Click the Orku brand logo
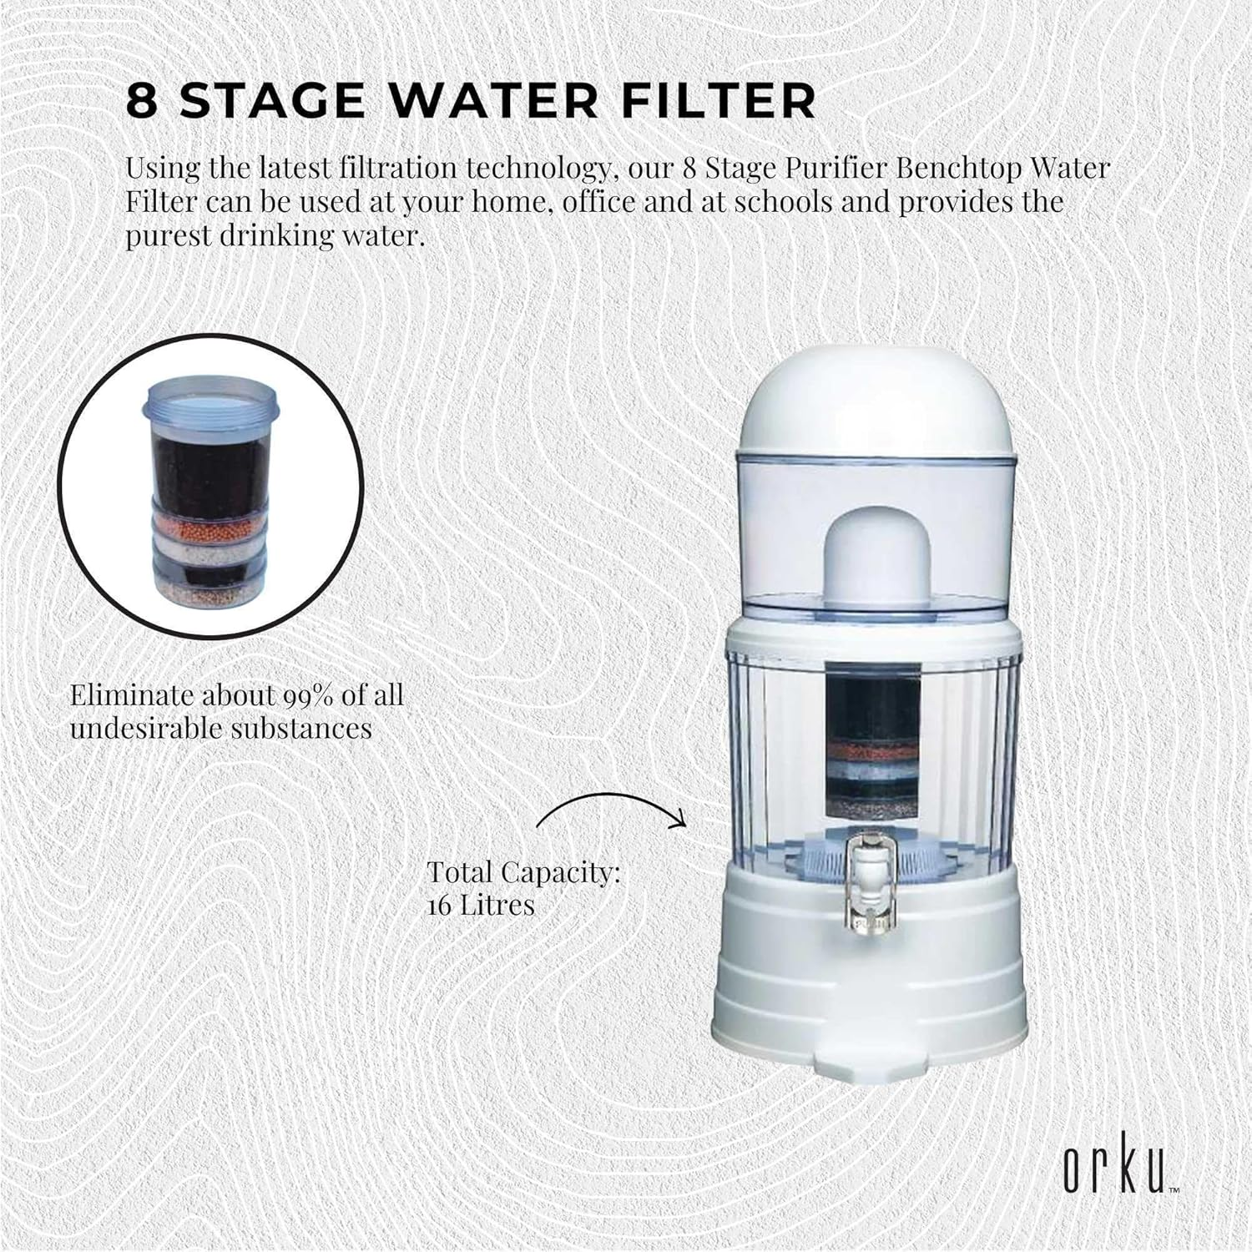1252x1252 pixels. (x=1116, y=1169)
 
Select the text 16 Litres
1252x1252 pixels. (x=480, y=905)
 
